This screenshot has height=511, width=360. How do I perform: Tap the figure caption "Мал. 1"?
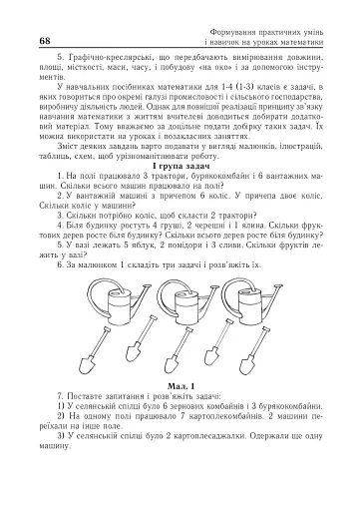180,384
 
